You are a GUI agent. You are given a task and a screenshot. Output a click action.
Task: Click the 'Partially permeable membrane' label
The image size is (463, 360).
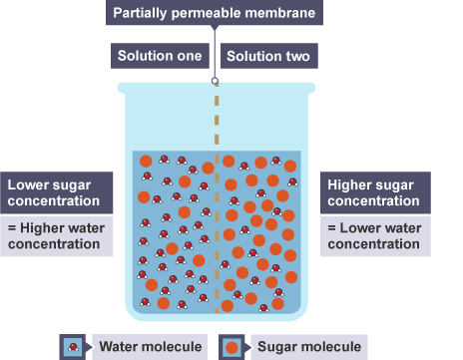point(215,13)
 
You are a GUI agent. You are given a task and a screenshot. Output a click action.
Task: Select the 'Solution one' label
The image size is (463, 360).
point(160,56)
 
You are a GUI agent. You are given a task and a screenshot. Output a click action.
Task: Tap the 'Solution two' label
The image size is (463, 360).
point(269,56)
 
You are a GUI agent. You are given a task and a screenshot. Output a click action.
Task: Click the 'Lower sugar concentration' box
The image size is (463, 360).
point(57,192)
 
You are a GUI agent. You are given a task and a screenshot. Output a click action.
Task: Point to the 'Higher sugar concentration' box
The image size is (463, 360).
point(375,192)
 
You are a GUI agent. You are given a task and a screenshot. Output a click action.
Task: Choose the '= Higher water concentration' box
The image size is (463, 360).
point(57,236)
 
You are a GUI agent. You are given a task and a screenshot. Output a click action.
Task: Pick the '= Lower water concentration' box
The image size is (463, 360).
point(375,236)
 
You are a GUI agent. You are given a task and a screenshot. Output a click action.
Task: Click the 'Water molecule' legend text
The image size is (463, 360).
point(151,346)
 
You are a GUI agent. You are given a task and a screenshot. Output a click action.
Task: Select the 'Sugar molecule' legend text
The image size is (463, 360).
point(309,346)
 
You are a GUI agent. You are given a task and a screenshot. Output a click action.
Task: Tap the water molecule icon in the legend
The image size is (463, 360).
point(73,347)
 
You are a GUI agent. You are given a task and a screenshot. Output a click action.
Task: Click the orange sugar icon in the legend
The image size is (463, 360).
point(231,348)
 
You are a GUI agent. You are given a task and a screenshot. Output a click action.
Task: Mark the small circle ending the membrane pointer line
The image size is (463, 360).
point(215,81)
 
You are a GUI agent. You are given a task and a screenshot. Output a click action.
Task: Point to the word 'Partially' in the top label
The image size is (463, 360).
point(140,13)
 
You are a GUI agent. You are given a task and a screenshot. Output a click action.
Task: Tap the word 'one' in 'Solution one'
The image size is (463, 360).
point(190,56)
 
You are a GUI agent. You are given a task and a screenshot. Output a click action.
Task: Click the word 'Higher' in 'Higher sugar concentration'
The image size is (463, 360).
point(347,185)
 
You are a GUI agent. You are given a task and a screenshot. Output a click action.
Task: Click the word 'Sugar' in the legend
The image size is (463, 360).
point(277,347)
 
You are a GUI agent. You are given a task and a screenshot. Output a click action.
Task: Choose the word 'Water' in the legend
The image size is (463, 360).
point(119,346)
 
